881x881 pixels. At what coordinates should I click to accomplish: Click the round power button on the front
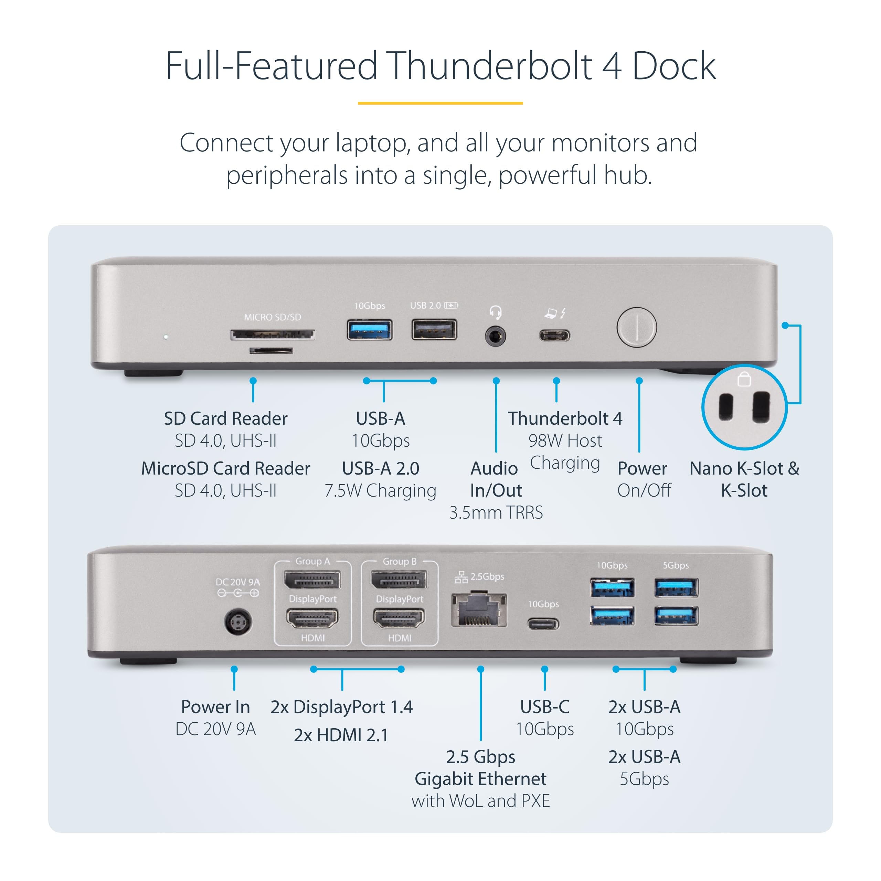pyautogui.click(x=637, y=327)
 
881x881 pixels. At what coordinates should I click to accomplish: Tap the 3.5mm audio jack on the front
pyautogui.click(x=495, y=337)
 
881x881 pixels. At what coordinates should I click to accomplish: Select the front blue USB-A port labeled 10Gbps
pyautogui.click(x=369, y=330)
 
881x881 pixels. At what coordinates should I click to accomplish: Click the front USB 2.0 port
pyautogui.click(x=434, y=330)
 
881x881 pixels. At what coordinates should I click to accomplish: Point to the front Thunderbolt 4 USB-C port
pyautogui.click(x=554, y=336)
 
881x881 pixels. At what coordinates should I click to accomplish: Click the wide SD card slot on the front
pyautogui.click(x=272, y=335)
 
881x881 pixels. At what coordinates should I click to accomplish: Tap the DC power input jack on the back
pyautogui.click(x=237, y=622)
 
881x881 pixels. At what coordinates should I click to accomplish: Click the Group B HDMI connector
pyautogui.click(x=399, y=619)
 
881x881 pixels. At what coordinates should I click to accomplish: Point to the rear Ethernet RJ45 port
pyautogui.click(x=479, y=610)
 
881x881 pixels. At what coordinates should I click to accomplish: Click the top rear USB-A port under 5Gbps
pyautogui.click(x=676, y=587)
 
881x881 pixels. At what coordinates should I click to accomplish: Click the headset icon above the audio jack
pyautogui.click(x=495, y=312)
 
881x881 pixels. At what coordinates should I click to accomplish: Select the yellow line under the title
pyautogui.click(x=440, y=103)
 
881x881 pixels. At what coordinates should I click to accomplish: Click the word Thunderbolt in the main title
pyautogui.click(x=490, y=66)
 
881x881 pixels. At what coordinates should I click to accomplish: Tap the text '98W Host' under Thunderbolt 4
pyautogui.click(x=565, y=440)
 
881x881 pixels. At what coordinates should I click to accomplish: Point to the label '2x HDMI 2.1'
pyautogui.click(x=341, y=735)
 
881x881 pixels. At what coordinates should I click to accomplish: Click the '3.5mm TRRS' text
pyautogui.click(x=496, y=512)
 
